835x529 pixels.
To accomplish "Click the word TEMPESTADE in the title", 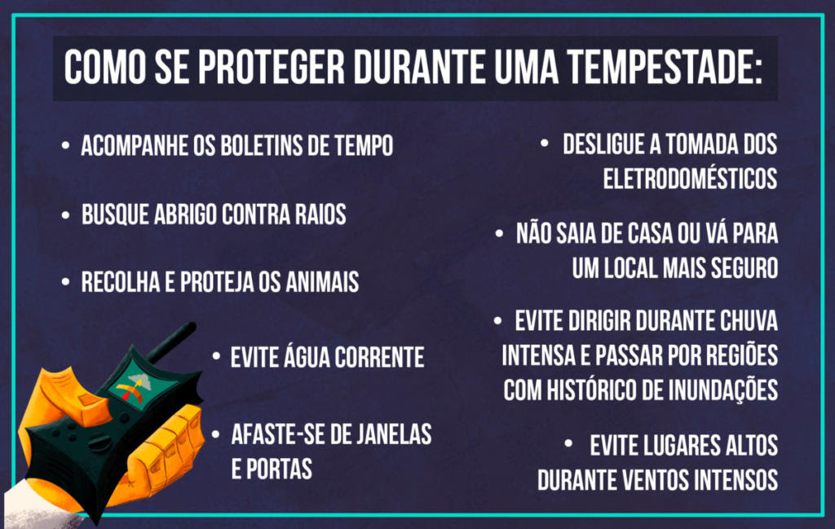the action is (664, 67).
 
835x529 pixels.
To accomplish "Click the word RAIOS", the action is (320, 214).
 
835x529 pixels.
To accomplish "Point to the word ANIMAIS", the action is (322, 281).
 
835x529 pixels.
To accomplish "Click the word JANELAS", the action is (394, 434).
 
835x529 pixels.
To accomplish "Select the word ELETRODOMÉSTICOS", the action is (690, 179).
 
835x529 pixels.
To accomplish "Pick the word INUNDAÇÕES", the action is (722, 390).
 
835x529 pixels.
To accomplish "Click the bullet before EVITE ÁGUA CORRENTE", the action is (216, 356).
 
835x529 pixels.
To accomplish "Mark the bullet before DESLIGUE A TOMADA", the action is (544, 143).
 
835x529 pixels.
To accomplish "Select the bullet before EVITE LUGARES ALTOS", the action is (568, 443).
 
